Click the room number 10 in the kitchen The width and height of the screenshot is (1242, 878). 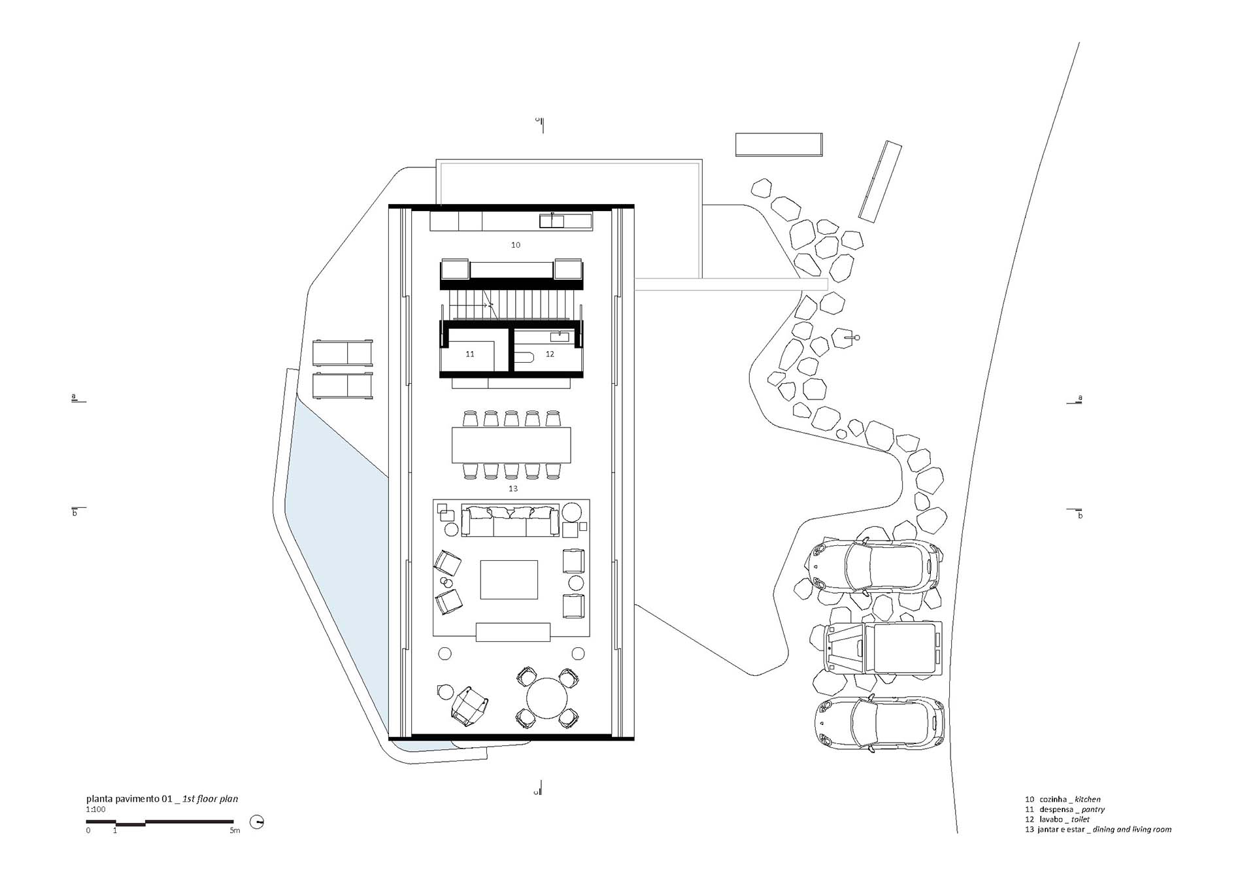pyautogui.click(x=516, y=245)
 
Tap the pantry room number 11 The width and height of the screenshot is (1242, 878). pyautogui.click(x=470, y=354)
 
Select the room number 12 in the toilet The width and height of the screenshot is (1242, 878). pyautogui.click(x=550, y=354)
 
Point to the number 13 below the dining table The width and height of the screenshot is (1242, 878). pyautogui.click(x=513, y=488)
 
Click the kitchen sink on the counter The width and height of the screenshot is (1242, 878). pyautogui.click(x=552, y=221)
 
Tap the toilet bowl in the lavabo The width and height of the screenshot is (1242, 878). pyautogui.click(x=524, y=357)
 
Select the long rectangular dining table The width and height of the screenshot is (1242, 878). pyautogui.click(x=511, y=445)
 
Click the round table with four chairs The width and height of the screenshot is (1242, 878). pyautogui.click(x=547, y=698)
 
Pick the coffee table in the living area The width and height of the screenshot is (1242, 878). pyautogui.click(x=509, y=580)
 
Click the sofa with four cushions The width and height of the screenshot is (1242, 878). pyautogui.click(x=511, y=520)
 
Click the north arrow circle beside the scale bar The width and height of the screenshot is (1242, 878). pyautogui.click(x=257, y=822)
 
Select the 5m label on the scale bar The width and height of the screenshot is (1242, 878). pyautogui.click(x=235, y=831)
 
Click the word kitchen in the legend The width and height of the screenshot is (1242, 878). pyautogui.click(x=1088, y=800)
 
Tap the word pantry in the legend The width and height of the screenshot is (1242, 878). pyautogui.click(x=1093, y=809)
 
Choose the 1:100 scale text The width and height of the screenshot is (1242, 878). pyautogui.click(x=95, y=809)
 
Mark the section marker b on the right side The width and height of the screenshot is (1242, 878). pyautogui.click(x=1080, y=515)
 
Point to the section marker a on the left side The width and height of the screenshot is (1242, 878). pyautogui.click(x=74, y=396)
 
